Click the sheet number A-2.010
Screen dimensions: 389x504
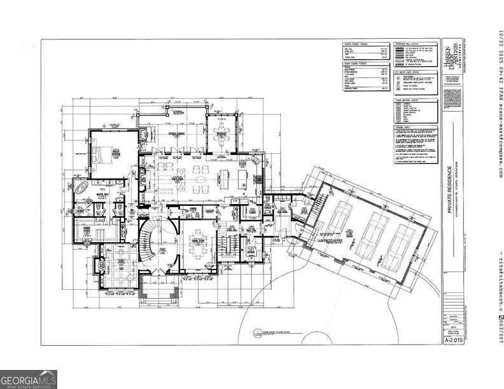[452, 340]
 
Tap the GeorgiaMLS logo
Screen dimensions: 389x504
[29, 379]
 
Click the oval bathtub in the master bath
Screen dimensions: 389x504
[82, 189]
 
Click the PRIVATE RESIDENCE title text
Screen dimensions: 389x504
[449, 189]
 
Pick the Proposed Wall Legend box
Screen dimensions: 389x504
[416, 53]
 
